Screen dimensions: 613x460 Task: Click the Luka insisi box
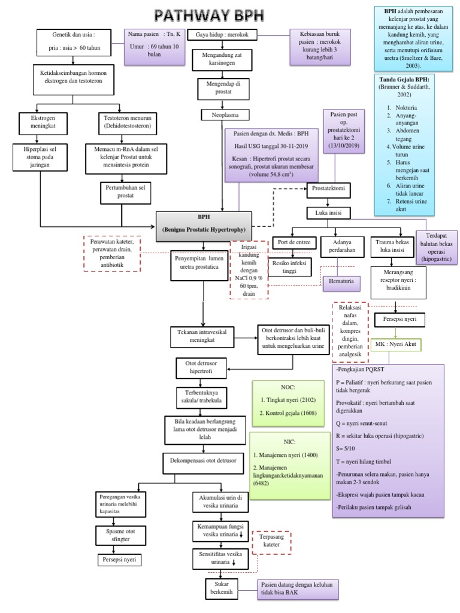[328, 213]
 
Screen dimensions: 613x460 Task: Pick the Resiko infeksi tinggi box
[290, 267]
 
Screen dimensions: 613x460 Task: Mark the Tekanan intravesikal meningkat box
[204, 336]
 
